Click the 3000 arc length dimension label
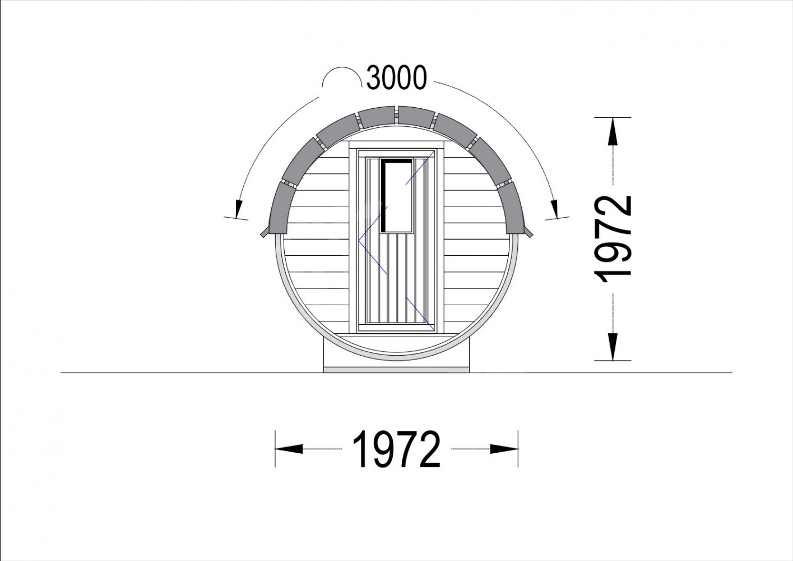[x=397, y=77]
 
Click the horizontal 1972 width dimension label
[x=397, y=449]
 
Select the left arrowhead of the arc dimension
[x=239, y=209]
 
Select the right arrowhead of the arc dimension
[x=554, y=209]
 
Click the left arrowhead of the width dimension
[x=289, y=449]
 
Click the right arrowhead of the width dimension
[x=504, y=449]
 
